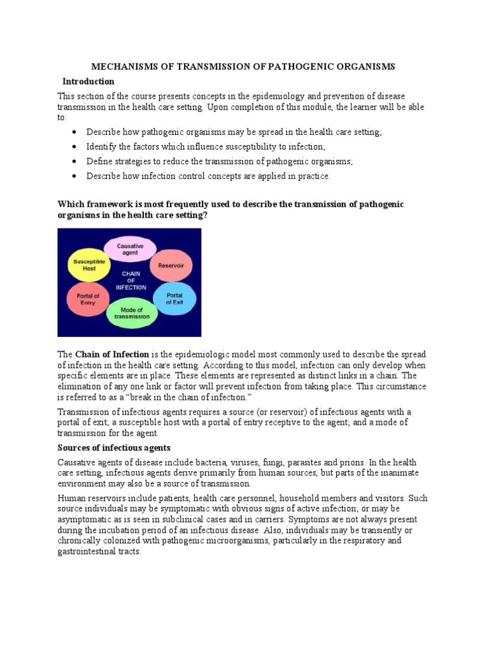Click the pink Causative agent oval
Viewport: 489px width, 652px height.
point(130,249)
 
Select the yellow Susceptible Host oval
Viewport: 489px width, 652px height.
point(85,265)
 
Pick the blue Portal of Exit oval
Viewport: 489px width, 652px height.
point(174,299)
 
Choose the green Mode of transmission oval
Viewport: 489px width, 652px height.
point(132,313)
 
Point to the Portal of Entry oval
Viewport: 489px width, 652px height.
point(88,299)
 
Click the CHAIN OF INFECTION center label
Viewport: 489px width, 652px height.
point(131,280)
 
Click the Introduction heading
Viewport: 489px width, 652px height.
point(88,81)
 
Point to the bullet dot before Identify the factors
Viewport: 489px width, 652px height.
point(74,147)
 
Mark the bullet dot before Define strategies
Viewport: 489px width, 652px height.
point(74,162)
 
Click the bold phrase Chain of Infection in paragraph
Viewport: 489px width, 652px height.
point(112,354)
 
